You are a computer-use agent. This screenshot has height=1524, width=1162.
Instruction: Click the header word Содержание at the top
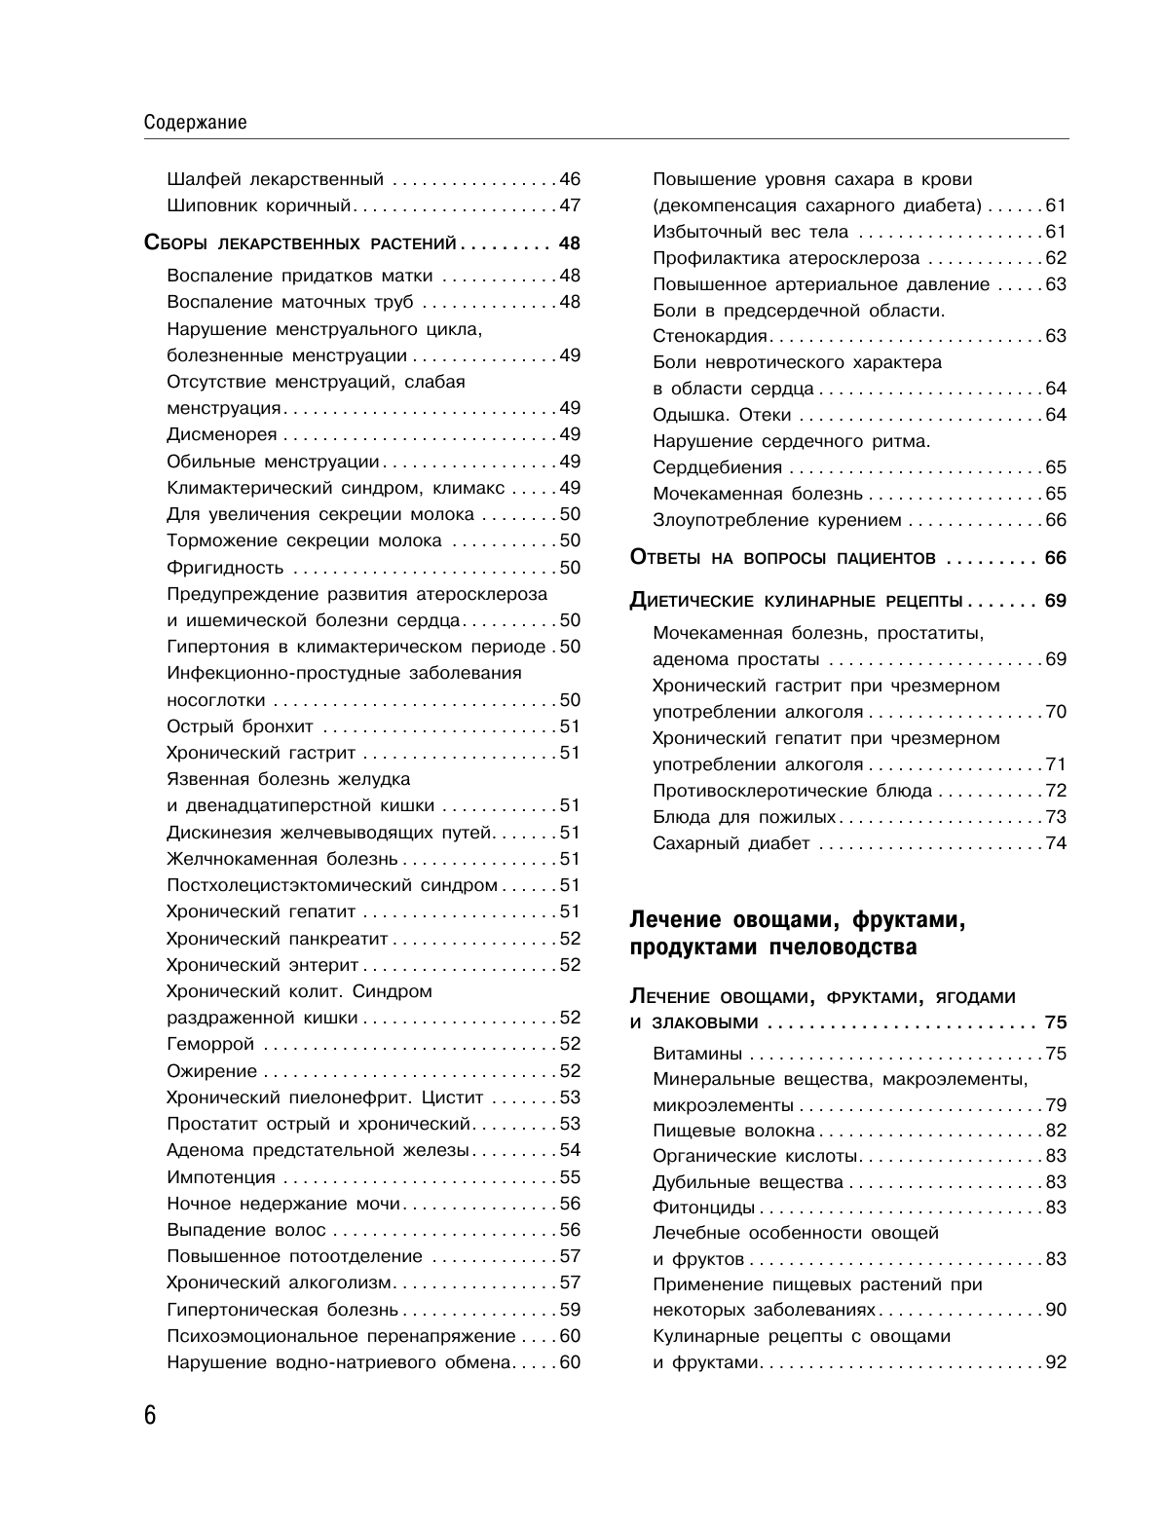click(194, 123)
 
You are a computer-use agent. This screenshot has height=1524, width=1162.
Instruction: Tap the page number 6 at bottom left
click(150, 1415)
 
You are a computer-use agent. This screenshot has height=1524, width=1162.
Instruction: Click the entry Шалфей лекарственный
click(276, 179)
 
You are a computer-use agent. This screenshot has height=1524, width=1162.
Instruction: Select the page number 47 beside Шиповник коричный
click(570, 205)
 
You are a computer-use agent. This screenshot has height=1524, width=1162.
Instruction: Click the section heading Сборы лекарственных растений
click(300, 242)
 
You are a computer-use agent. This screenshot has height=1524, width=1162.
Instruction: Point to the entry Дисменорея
click(222, 434)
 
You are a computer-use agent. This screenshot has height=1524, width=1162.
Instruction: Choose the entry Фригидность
click(225, 568)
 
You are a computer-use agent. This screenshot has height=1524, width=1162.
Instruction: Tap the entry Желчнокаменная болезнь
click(282, 859)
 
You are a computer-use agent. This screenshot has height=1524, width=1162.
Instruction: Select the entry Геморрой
click(210, 1044)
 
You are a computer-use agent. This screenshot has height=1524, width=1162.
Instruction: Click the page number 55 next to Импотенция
click(570, 1177)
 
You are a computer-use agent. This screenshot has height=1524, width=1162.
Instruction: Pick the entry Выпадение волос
click(246, 1230)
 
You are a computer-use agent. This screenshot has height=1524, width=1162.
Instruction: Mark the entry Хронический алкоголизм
click(279, 1282)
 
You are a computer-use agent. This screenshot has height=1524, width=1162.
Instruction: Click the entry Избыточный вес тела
click(750, 232)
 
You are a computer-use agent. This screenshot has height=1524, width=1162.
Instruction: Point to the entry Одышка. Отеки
click(722, 415)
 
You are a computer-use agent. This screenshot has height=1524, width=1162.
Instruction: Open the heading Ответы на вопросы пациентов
click(783, 558)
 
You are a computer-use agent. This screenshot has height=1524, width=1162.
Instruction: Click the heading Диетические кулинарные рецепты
click(797, 601)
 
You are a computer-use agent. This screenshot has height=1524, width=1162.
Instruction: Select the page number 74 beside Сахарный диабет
click(1056, 843)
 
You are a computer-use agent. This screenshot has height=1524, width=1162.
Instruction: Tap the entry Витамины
click(697, 1054)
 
